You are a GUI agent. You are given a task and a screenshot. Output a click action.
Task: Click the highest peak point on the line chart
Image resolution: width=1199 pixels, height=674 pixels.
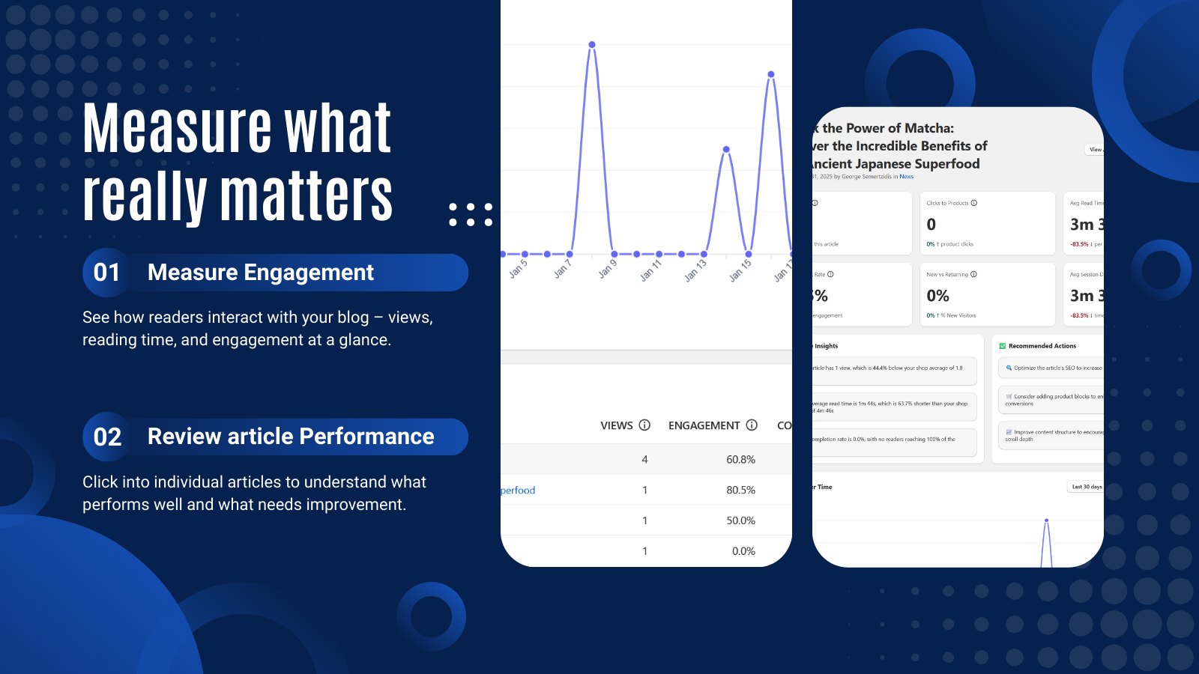[592, 45]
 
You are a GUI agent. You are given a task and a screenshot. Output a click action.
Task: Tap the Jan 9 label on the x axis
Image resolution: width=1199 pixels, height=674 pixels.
[608, 267]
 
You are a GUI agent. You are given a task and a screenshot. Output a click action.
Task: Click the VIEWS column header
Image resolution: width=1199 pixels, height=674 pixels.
[617, 425]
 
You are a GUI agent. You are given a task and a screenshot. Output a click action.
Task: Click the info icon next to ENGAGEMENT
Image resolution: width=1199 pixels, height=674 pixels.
[752, 425]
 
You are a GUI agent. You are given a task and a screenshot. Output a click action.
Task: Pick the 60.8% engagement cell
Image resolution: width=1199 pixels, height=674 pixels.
[740, 460]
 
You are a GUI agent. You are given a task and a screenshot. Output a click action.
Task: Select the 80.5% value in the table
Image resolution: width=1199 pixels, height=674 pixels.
[740, 491]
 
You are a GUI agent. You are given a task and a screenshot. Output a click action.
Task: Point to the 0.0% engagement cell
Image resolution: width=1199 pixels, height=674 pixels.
[743, 551]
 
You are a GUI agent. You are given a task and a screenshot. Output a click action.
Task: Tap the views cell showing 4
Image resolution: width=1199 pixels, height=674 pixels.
[644, 460]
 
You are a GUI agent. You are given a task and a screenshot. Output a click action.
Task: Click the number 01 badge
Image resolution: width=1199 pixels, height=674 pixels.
[107, 273]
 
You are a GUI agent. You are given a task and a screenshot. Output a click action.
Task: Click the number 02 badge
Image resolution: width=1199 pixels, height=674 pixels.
[107, 437]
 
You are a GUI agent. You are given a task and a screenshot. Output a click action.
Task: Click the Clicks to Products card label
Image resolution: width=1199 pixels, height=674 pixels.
[947, 203]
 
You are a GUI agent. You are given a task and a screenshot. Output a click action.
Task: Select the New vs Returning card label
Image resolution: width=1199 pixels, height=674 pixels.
[947, 274]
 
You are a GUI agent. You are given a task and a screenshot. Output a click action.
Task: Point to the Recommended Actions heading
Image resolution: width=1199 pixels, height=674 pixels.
[1042, 346]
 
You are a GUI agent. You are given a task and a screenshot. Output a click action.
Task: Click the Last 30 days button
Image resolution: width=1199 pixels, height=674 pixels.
[1086, 487]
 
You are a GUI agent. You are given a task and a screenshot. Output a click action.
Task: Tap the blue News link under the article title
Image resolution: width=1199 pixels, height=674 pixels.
[906, 177]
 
